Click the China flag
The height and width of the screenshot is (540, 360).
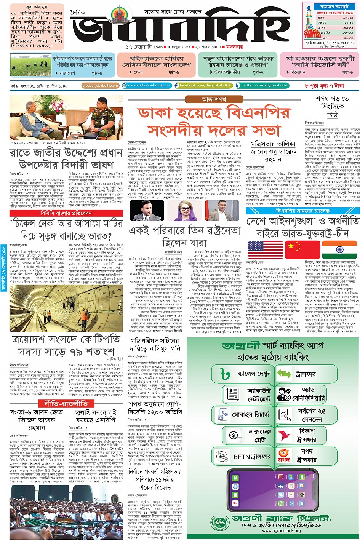coord(297,250)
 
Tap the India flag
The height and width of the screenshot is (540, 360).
coord(339,250)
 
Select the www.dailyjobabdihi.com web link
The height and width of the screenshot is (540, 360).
coord(146,86)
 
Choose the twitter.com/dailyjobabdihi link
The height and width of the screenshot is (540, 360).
coord(261,86)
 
